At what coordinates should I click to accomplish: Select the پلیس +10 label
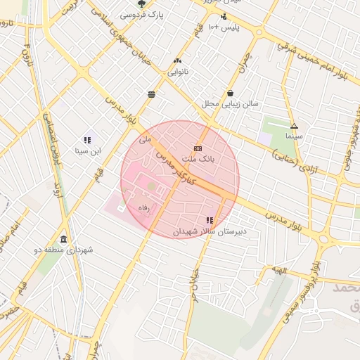click(232, 27)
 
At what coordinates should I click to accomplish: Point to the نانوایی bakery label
click(177, 72)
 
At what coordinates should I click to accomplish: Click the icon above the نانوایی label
click(177, 61)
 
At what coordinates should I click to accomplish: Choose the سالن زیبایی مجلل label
click(231, 103)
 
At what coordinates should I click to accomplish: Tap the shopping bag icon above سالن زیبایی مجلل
click(231, 93)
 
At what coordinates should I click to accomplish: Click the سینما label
click(294, 135)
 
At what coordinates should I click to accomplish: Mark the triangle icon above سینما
click(294, 125)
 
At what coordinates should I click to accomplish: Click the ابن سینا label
click(88, 150)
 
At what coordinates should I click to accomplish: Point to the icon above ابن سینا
click(88, 140)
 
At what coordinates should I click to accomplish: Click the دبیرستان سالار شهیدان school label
click(209, 231)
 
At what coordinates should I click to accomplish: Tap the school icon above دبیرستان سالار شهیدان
click(209, 221)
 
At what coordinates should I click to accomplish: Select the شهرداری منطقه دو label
click(63, 250)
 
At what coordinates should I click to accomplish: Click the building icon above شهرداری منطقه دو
click(63, 239)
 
